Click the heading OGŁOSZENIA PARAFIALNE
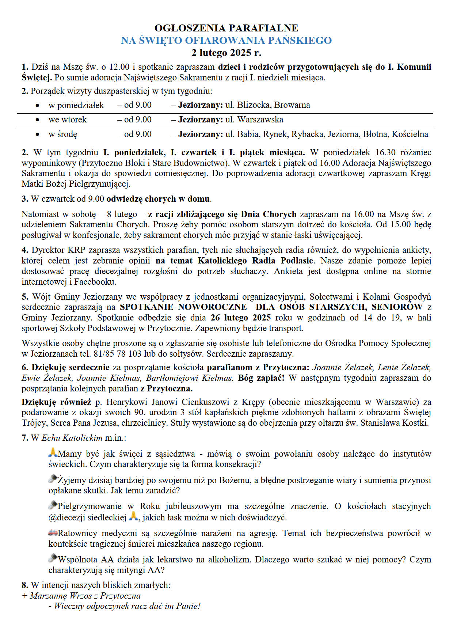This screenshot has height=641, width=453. pyautogui.click(x=226, y=28)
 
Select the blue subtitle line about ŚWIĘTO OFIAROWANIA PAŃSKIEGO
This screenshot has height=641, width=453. pyautogui.click(x=226, y=40)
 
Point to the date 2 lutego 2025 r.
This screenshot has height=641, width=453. pyautogui.click(x=226, y=53)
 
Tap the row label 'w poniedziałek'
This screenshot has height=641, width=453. pyautogui.click(x=76, y=105)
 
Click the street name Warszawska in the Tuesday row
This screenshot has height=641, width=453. pyautogui.click(x=260, y=120)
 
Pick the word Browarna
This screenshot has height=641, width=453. pyautogui.click(x=292, y=105)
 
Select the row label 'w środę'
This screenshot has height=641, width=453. pyautogui.click(x=63, y=134)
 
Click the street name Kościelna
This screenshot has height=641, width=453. pyautogui.click(x=410, y=134)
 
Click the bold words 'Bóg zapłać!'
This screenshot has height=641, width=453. pyautogui.click(x=261, y=378)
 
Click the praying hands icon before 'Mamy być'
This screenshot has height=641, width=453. pyautogui.click(x=53, y=453)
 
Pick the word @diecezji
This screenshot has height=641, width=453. pyautogui.click(x=87, y=517)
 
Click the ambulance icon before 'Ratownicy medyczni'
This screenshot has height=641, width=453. pyautogui.click(x=53, y=533)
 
